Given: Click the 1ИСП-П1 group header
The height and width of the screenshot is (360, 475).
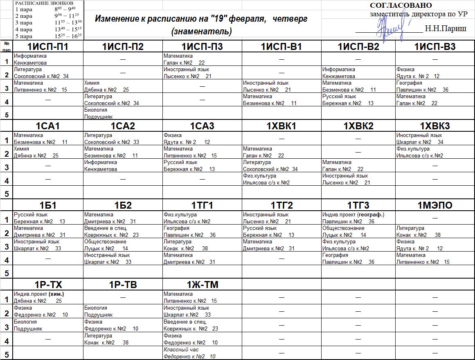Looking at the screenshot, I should (47, 47).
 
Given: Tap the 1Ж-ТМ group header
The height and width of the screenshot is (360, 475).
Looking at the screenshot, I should (202, 285).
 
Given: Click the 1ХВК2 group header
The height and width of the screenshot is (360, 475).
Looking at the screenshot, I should (358, 126).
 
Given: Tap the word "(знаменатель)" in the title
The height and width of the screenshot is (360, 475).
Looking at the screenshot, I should (202, 31).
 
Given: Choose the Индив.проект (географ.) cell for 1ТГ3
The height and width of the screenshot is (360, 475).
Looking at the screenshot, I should (353, 218).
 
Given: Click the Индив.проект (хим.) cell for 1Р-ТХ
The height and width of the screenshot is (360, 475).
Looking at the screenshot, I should (39, 297).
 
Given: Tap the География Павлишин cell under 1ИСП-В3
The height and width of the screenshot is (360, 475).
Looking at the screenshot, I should (422, 86).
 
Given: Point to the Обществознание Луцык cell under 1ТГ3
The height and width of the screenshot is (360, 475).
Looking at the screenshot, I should (344, 232).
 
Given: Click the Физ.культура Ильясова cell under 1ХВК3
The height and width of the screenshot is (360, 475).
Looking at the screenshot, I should (419, 152).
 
